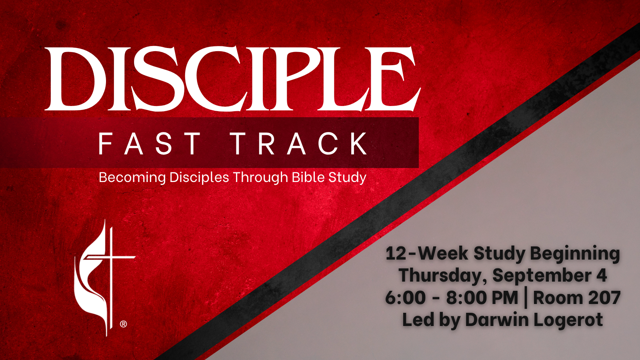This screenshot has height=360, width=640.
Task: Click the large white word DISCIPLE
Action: tap(232, 78)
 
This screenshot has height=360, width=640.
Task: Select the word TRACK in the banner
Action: tap(300, 144)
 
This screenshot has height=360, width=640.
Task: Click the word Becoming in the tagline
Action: tap(132, 178)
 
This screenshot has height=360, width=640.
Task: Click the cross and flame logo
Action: tap(104, 278)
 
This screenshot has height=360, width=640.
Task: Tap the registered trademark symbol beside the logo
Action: tap(123, 324)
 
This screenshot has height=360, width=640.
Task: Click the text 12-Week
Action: tap(427, 254)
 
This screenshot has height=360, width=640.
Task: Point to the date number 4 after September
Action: tap(602, 276)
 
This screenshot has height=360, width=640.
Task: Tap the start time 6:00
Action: tap(406, 298)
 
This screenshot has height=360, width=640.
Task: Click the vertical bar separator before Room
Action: tap(526, 299)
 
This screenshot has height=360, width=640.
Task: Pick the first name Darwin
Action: tap(497, 320)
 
